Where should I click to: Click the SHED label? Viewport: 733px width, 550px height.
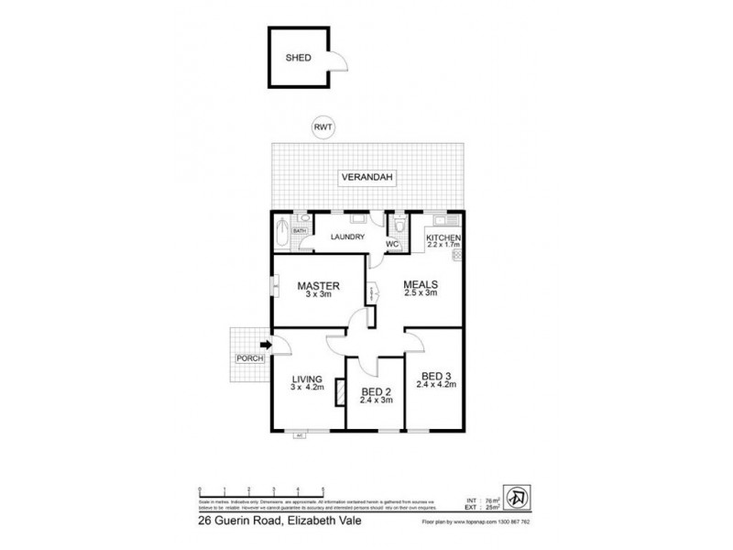tap(299, 57)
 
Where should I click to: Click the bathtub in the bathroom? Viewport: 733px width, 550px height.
tap(281, 231)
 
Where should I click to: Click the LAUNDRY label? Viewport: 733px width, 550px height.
tap(347, 237)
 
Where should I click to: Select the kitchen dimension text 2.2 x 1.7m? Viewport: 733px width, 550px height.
tap(445, 247)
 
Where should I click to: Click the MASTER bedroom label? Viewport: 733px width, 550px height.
tap(319, 286)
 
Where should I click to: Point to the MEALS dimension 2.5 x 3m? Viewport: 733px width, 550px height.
tap(421, 293)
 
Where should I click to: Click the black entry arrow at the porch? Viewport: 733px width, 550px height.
tap(267, 345)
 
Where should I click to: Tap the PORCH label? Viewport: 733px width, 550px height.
tap(247, 357)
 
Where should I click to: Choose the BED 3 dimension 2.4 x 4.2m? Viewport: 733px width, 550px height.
tap(436, 385)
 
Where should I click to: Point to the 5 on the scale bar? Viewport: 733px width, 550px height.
tap(323, 489)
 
